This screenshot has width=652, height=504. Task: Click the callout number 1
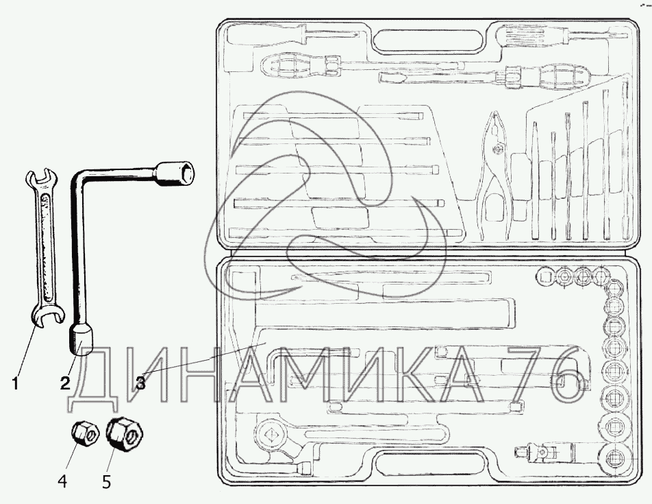(x=15, y=383)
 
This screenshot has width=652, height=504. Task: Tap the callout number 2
(x=65, y=383)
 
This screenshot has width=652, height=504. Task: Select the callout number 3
(x=140, y=383)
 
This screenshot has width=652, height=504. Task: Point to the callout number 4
(x=62, y=481)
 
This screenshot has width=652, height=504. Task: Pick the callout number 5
(x=106, y=481)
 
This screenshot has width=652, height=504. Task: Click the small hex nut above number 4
(x=85, y=433)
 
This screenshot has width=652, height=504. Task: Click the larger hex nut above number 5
(x=125, y=435)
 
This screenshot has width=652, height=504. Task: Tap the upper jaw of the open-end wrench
(x=41, y=178)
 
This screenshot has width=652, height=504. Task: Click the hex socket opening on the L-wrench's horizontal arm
(x=185, y=173)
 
